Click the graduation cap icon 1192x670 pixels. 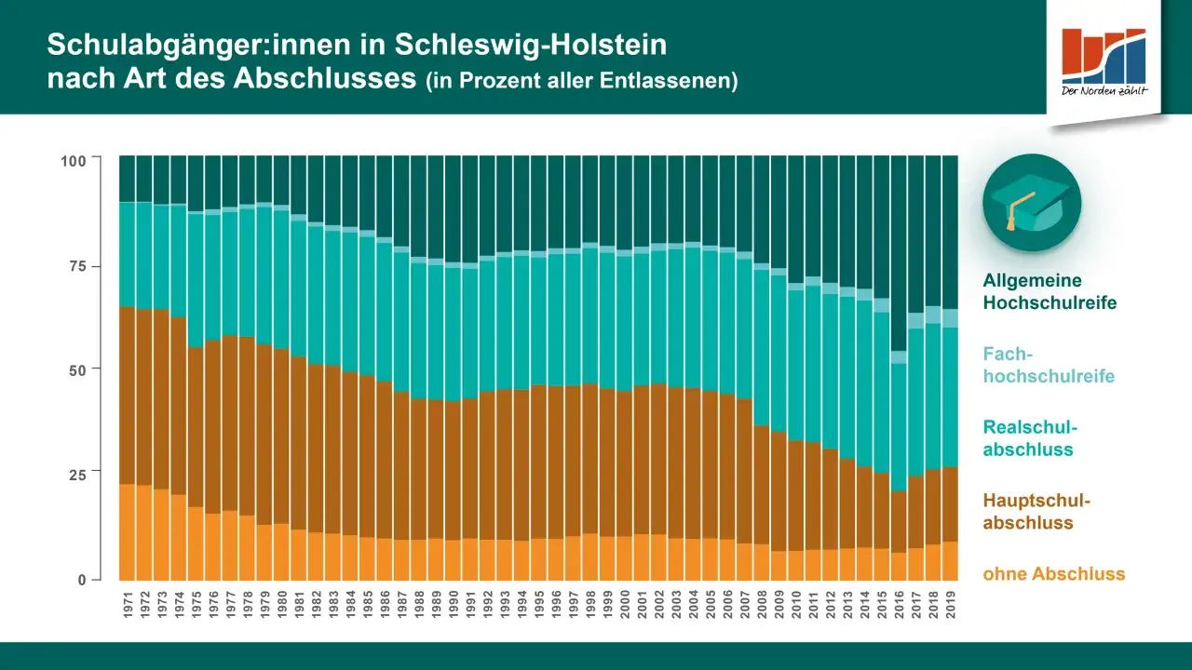(1032, 203)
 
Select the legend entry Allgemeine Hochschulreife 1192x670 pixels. (1050, 291)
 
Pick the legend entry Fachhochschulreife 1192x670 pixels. (1049, 365)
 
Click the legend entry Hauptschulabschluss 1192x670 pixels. (1036, 512)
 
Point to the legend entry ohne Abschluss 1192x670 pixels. (1053, 574)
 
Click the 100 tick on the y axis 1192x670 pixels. (74, 161)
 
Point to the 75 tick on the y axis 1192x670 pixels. (77, 266)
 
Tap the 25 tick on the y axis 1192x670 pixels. (77, 474)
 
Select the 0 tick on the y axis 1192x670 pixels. (82, 579)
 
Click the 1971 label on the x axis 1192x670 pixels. (129, 603)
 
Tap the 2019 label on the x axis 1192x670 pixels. (951, 603)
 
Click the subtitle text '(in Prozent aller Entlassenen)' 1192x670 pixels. (581, 81)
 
